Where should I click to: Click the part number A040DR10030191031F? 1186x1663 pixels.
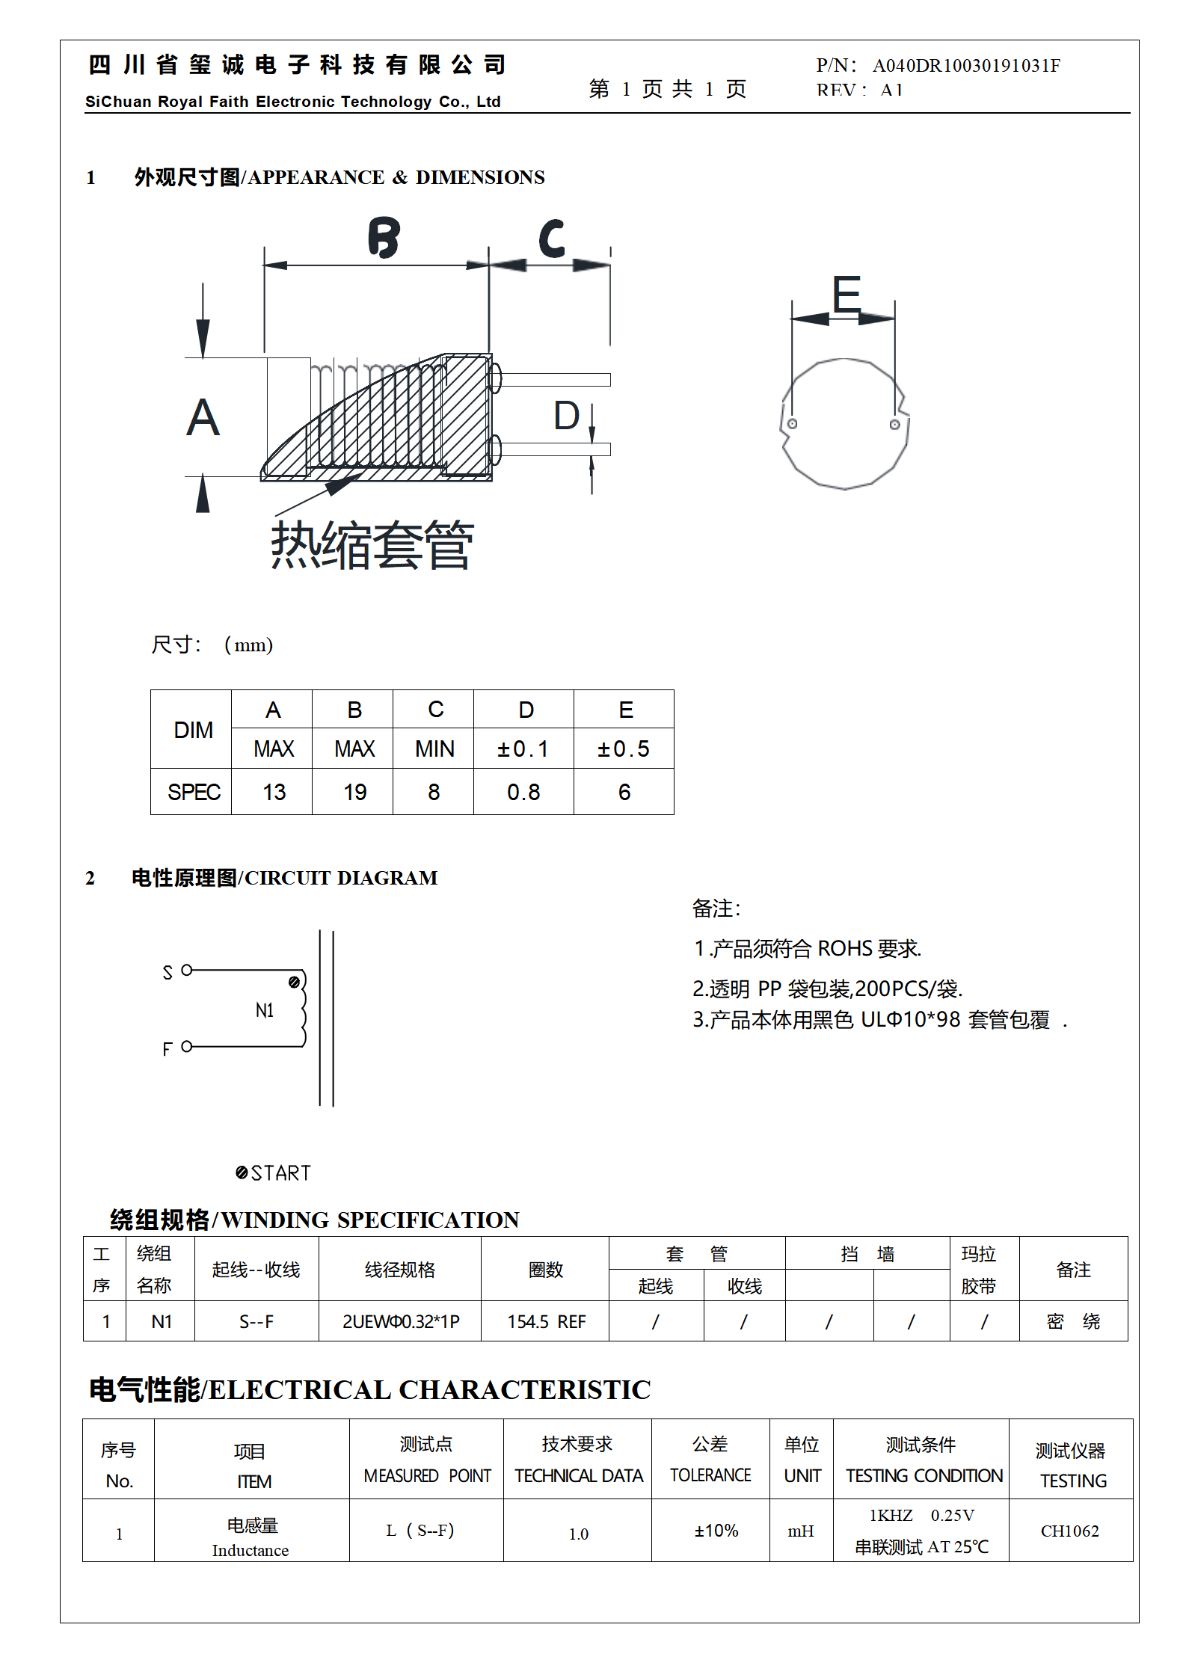(966, 66)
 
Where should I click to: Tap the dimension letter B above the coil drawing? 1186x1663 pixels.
(384, 238)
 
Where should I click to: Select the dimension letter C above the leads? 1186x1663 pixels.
(552, 239)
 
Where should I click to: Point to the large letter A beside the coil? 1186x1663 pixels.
(203, 418)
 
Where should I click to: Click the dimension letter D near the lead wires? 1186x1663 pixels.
(566, 416)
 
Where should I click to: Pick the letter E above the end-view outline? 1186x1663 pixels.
(847, 293)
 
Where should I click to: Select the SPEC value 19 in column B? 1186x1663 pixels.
(354, 793)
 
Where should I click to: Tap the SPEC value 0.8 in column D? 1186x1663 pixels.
(523, 793)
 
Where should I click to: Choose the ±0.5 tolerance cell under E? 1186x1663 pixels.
(624, 749)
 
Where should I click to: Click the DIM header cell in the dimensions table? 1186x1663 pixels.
(193, 731)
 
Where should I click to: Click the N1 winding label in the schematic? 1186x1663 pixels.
(265, 1011)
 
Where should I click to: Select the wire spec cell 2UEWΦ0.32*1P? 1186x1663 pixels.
(401, 1322)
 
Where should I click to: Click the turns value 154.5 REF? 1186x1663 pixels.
(546, 1322)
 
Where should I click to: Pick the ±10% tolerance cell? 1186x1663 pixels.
(716, 1531)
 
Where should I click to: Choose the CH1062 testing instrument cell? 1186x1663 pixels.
(1069, 1531)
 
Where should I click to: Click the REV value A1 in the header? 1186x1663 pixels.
(891, 90)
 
